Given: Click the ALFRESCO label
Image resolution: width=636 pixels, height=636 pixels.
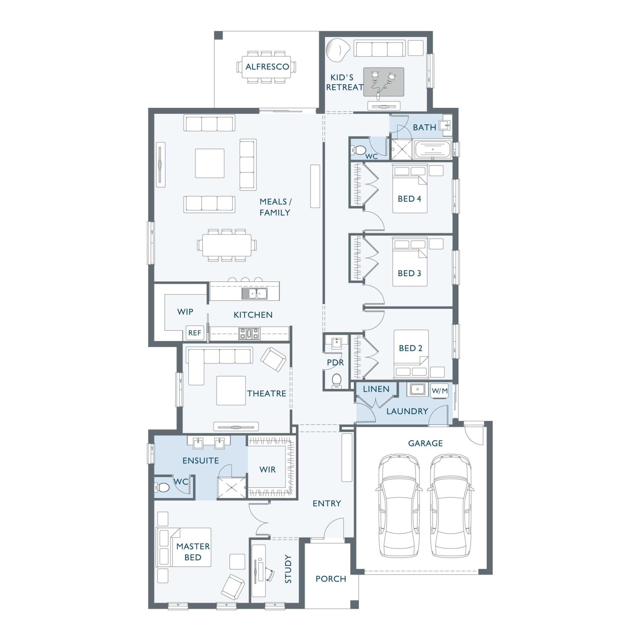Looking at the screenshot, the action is click(267, 67).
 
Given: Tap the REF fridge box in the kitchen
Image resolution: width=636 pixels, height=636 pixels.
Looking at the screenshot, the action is click(194, 333).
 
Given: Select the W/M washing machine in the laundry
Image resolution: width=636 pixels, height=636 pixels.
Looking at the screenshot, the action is click(439, 391).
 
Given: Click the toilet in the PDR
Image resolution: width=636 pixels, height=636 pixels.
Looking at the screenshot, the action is click(336, 381).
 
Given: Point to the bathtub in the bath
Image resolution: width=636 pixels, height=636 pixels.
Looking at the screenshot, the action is click(432, 150).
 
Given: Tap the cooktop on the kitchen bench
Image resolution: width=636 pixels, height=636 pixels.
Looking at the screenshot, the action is click(249, 333).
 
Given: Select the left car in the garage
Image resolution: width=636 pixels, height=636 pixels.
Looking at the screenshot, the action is click(399, 506).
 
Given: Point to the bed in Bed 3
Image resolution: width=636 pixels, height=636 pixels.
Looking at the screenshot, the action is click(410, 262).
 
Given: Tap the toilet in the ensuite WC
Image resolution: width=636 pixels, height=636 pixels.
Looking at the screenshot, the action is click(162, 487).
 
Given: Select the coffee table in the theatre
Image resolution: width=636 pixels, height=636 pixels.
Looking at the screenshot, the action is click(231, 391).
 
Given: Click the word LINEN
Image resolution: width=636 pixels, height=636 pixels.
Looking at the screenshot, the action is click(376, 389).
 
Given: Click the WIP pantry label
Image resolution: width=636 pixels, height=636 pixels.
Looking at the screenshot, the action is click(185, 312).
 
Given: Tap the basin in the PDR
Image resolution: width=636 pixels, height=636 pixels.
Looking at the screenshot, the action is click(336, 343).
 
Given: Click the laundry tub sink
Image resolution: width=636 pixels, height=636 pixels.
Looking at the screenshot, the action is click(418, 389).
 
